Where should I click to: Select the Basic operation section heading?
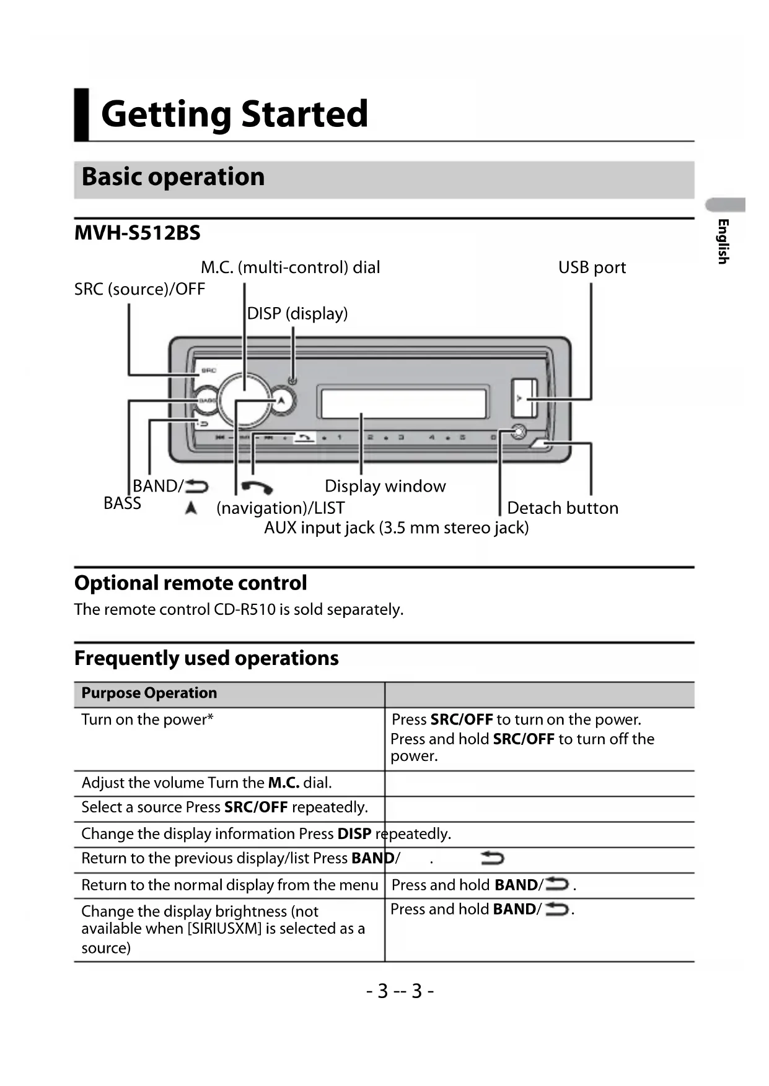(173, 177)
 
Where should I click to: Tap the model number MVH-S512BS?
(137, 233)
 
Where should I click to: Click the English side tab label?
(723, 241)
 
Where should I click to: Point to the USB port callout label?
(592, 267)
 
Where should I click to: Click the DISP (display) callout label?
(297, 313)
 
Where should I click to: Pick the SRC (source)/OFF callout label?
(139, 289)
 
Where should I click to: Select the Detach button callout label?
(562, 508)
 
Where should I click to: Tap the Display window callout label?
(385, 486)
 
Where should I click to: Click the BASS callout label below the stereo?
(122, 503)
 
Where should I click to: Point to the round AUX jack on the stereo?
(518, 432)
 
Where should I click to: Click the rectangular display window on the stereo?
(403, 402)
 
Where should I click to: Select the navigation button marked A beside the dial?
(282, 400)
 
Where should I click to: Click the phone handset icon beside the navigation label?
(257, 487)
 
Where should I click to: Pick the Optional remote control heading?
(190, 583)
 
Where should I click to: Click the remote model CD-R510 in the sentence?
(245, 610)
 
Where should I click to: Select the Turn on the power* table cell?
(147, 720)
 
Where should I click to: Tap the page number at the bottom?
(400, 991)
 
